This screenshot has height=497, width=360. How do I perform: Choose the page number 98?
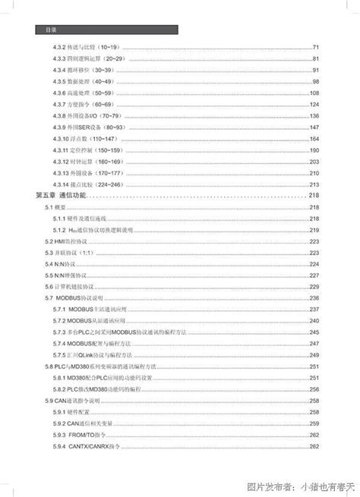point(317,81)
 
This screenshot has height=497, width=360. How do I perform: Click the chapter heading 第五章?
point(47,196)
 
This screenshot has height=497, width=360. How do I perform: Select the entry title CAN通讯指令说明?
point(81,401)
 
